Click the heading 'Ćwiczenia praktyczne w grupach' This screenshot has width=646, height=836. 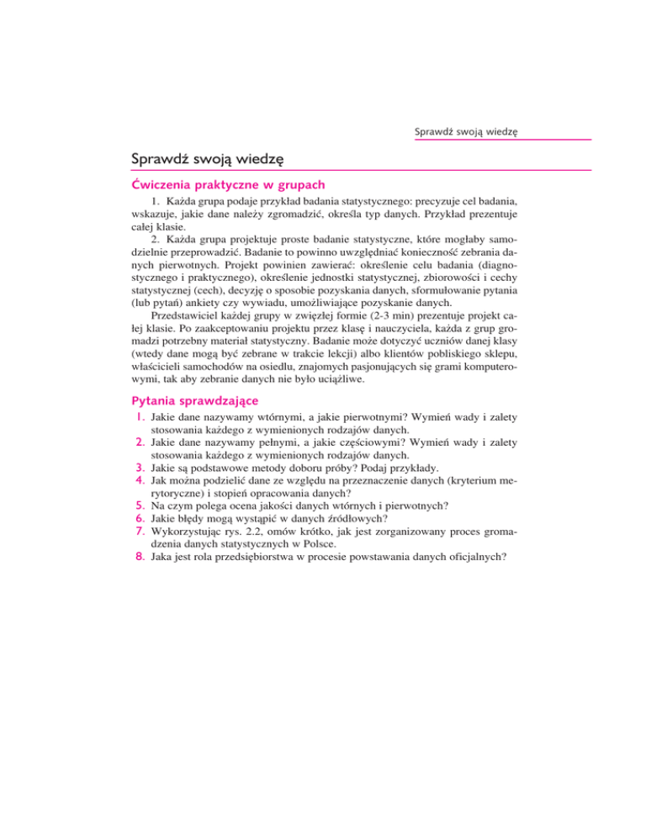[x=228, y=183]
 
